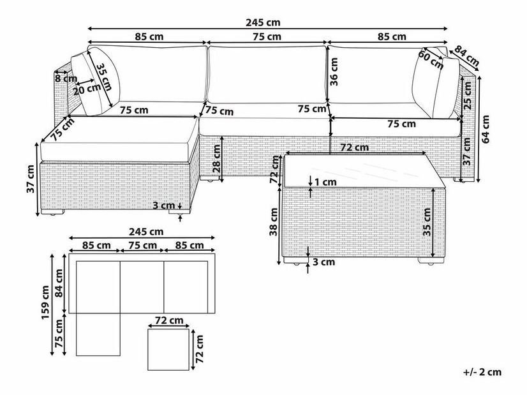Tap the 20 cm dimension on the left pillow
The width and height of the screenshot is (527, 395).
[85, 90]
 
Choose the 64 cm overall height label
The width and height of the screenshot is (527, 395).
[487, 128]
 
